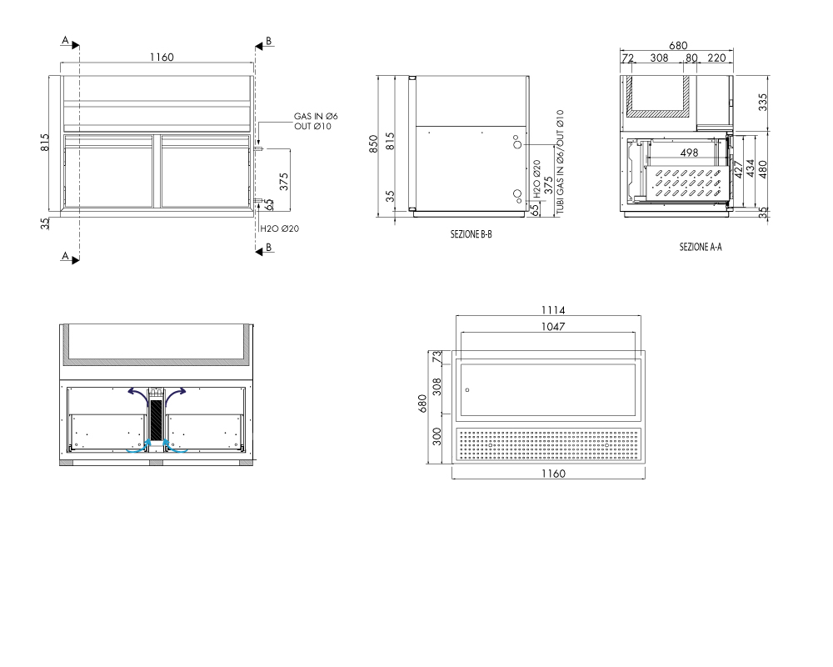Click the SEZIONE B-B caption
(x=471, y=234)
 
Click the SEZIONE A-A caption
(x=701, y=247)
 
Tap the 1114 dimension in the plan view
(x=552, y=310)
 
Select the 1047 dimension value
(x=552, y=327)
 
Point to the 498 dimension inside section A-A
(x=689, y=153)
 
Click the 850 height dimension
(x=373, y=143)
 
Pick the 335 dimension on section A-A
(x=762, y=102)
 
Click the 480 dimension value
(x=763, y=169)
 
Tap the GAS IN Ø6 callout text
(x=316, y=116)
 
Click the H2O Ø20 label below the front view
(x=279, y=228)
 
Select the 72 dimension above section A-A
(x=627, y=58)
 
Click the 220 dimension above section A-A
(x=716, y=58)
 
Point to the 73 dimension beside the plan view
(x=436, y=357)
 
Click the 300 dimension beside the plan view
(x=436, y=437)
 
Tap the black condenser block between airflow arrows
(x=156, y=419)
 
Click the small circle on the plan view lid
(x=467, y=390)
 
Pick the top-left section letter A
(x=65, y=40)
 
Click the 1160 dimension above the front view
(x=162, y=57)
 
